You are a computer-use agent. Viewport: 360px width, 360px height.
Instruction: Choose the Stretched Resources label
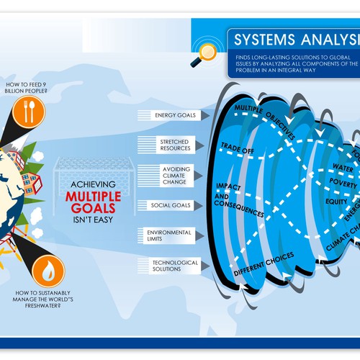point(174,144)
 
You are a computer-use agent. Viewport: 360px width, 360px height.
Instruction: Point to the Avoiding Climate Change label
point(174,174)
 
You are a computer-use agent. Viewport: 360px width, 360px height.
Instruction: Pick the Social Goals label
point(171,205)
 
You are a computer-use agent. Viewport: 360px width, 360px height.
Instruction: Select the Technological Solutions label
point(174,266)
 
